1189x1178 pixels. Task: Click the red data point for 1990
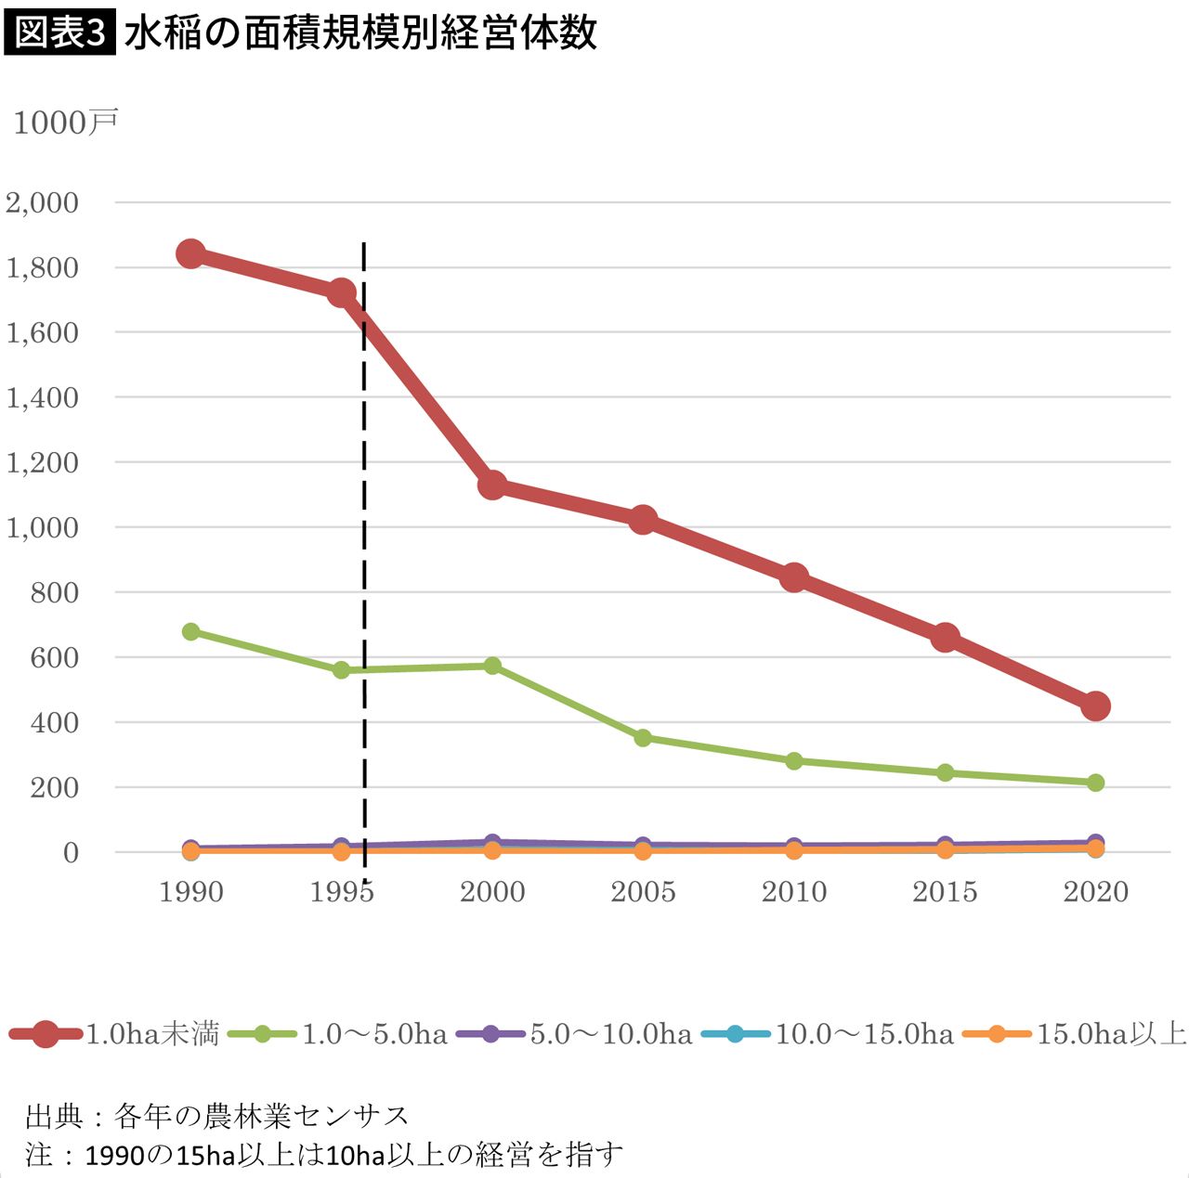tap(191, 253)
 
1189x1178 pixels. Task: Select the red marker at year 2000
tap(492, 485)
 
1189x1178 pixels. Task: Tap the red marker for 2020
tap(1095, 706)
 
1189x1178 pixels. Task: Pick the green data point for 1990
tap(191, 632)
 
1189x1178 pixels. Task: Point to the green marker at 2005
tap(643, 738)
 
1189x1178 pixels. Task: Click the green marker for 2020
tap(1095, 783)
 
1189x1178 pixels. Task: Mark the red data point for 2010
tap(794, 577)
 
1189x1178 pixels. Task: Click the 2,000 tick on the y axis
tap(43, 202)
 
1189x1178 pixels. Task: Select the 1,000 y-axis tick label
tap(43, 527)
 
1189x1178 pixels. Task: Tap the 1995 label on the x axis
tap(341, 892)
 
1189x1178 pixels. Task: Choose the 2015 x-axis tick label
tap(945, 892)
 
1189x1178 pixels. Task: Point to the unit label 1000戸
tap(65, 123)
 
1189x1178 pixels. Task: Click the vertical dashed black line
tap(363, 557)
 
